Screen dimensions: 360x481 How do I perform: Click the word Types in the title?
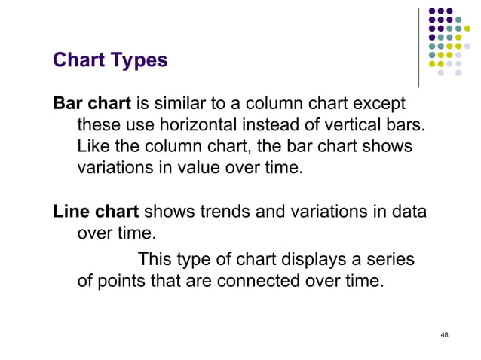click(139, 60)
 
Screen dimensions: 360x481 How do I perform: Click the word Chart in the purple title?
click(78, 60)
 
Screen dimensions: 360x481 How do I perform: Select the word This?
click(155, 260)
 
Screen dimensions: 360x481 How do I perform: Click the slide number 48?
click(444, 335)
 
